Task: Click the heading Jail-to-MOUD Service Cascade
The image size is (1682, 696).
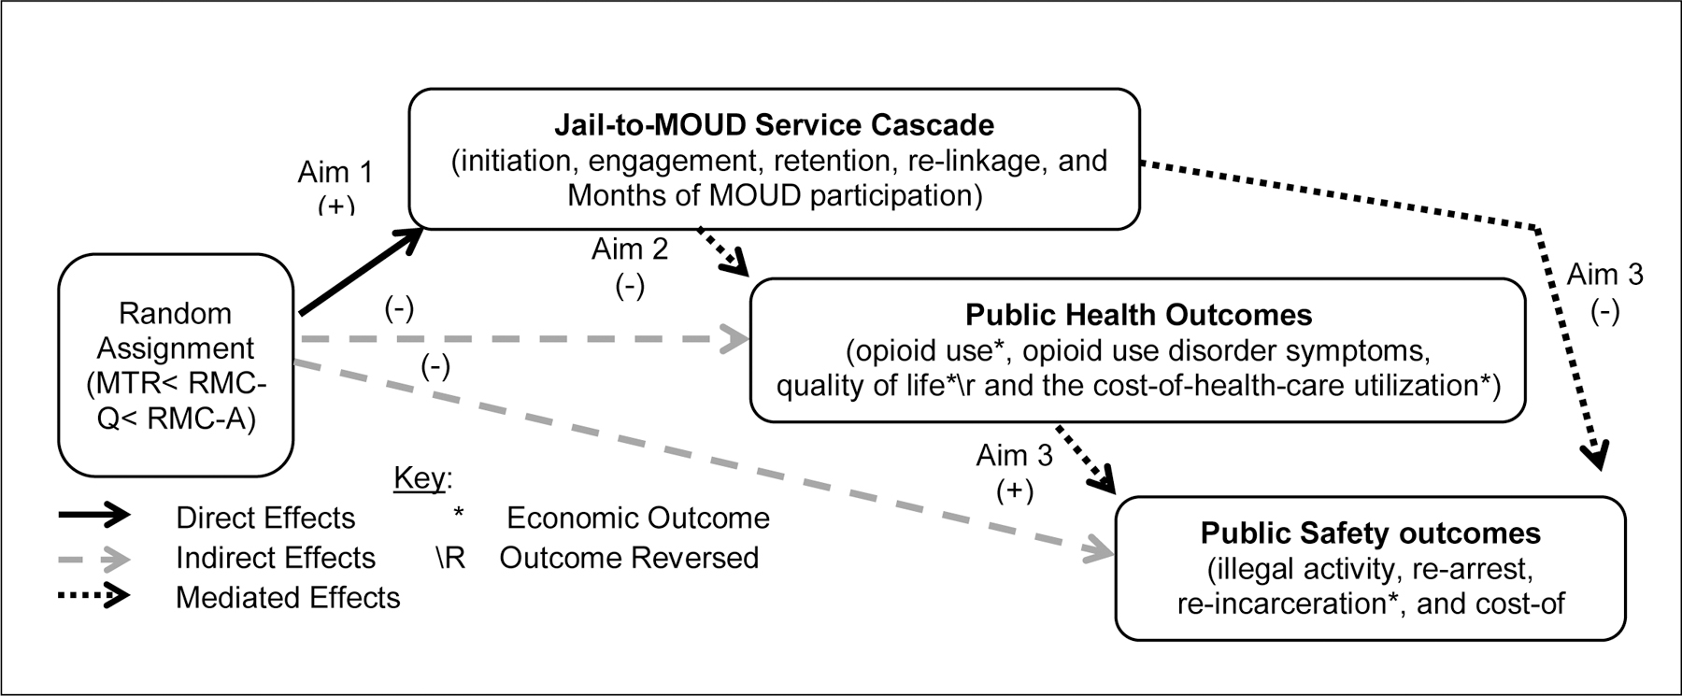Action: [x=774, y=124]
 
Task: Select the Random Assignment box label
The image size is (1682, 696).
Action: [x=176, y=331]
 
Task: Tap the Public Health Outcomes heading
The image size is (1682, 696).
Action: [x=1138, y=315]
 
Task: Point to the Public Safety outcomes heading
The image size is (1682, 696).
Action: [x=1370, y=533]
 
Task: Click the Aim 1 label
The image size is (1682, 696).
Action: [x=335, y=173]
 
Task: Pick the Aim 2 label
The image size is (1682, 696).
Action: [x=630, y=249]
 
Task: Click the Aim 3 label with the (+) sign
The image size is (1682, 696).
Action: [x=1014, y=456]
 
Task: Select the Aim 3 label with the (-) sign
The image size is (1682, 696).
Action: [x=1604, y=275]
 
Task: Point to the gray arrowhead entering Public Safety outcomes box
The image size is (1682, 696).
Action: [x=1101, y=553]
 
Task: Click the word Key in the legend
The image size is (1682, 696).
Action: [x=419, y=478]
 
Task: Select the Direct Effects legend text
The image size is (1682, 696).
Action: [x=265, y=518]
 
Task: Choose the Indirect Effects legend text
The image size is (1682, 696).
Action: [x=275, y=558]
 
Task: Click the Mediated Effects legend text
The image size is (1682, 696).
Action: [x=287, y=598]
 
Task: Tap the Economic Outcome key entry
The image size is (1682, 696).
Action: [x=637, y=518]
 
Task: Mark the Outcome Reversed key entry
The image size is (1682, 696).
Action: [x=628, y=558]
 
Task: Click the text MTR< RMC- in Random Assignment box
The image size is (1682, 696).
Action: [x=176, y=385]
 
